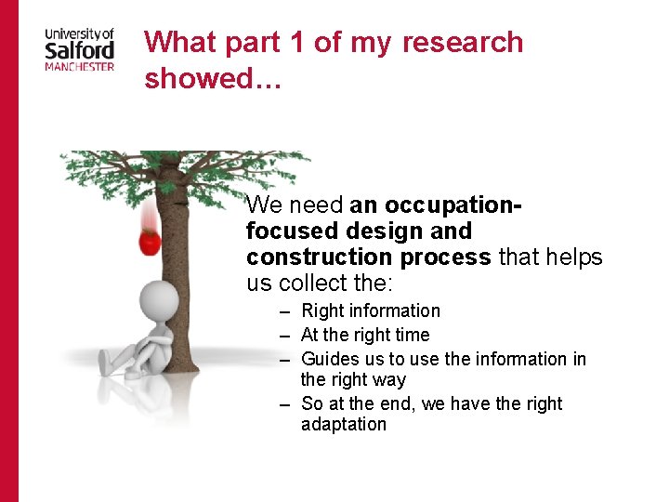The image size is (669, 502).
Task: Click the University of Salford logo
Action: coord(80,48)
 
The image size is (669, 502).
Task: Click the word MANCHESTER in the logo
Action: coord(80,66)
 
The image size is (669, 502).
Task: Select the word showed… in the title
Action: coord(199,78)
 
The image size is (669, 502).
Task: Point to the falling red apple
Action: coord(149,241)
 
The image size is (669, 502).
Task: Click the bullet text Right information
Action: coord(371,310)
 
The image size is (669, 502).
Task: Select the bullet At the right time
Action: coord(365,335)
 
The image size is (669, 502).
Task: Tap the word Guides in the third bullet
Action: coord(330,359)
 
